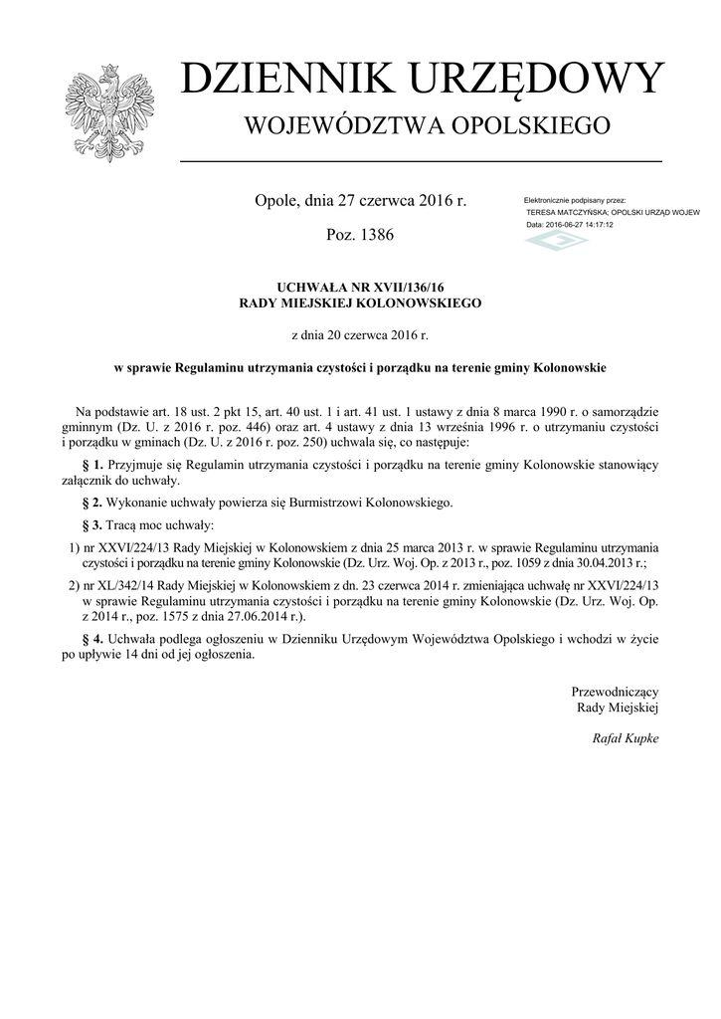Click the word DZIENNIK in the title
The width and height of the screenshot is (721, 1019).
(x=276, y=79)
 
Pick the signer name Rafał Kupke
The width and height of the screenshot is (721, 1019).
(x=626, y=738)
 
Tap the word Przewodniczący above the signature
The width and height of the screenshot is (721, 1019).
(x=615, y=691)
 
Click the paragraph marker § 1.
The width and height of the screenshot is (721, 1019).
(x=92, y=465)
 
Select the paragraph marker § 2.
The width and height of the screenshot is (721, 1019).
(x=92, y=503)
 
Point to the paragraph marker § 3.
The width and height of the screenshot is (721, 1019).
(x=92, y=524)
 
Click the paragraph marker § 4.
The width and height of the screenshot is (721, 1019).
(x=92, y=638)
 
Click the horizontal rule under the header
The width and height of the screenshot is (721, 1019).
(x=420, y=160)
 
